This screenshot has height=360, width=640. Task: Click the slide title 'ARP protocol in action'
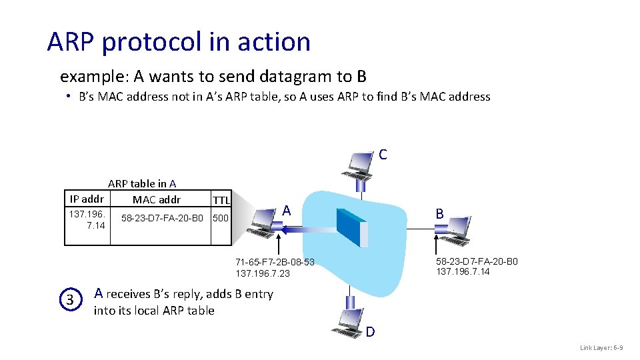pyautogui.click(x=179, y=42)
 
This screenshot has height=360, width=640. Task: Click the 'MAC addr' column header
pyautogui.click(x=157, y=199)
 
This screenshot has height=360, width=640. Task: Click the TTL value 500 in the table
pyautogui.click(x=220, y=218)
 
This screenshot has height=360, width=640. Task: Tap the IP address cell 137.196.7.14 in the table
pyautogui.click(x=87, y=220)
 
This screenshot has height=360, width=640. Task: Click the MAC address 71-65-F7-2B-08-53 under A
pyautogui.click(x=275, y=262)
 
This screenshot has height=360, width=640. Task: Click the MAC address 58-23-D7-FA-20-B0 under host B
pyautogui.click(x=477, y=261)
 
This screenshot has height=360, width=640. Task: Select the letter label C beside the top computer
pyautogui.click(x=383, y=155)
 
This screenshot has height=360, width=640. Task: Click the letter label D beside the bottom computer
pyautogui.click(x=370, y=331)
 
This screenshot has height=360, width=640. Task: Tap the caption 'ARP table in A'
pyautogui.click(x=142, y=183)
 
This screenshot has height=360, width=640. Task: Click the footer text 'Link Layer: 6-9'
pyautogui.click(x=601, y=347)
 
